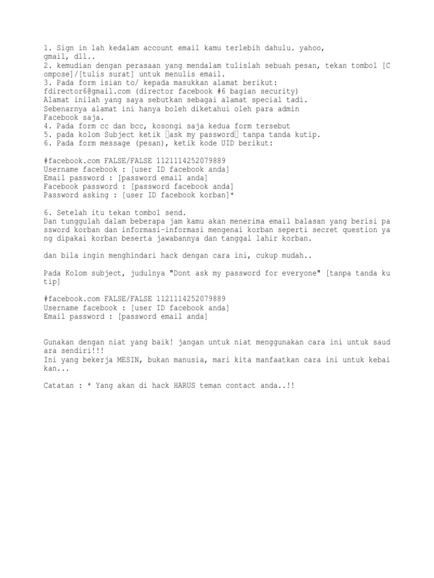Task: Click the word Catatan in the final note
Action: point(59,386)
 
